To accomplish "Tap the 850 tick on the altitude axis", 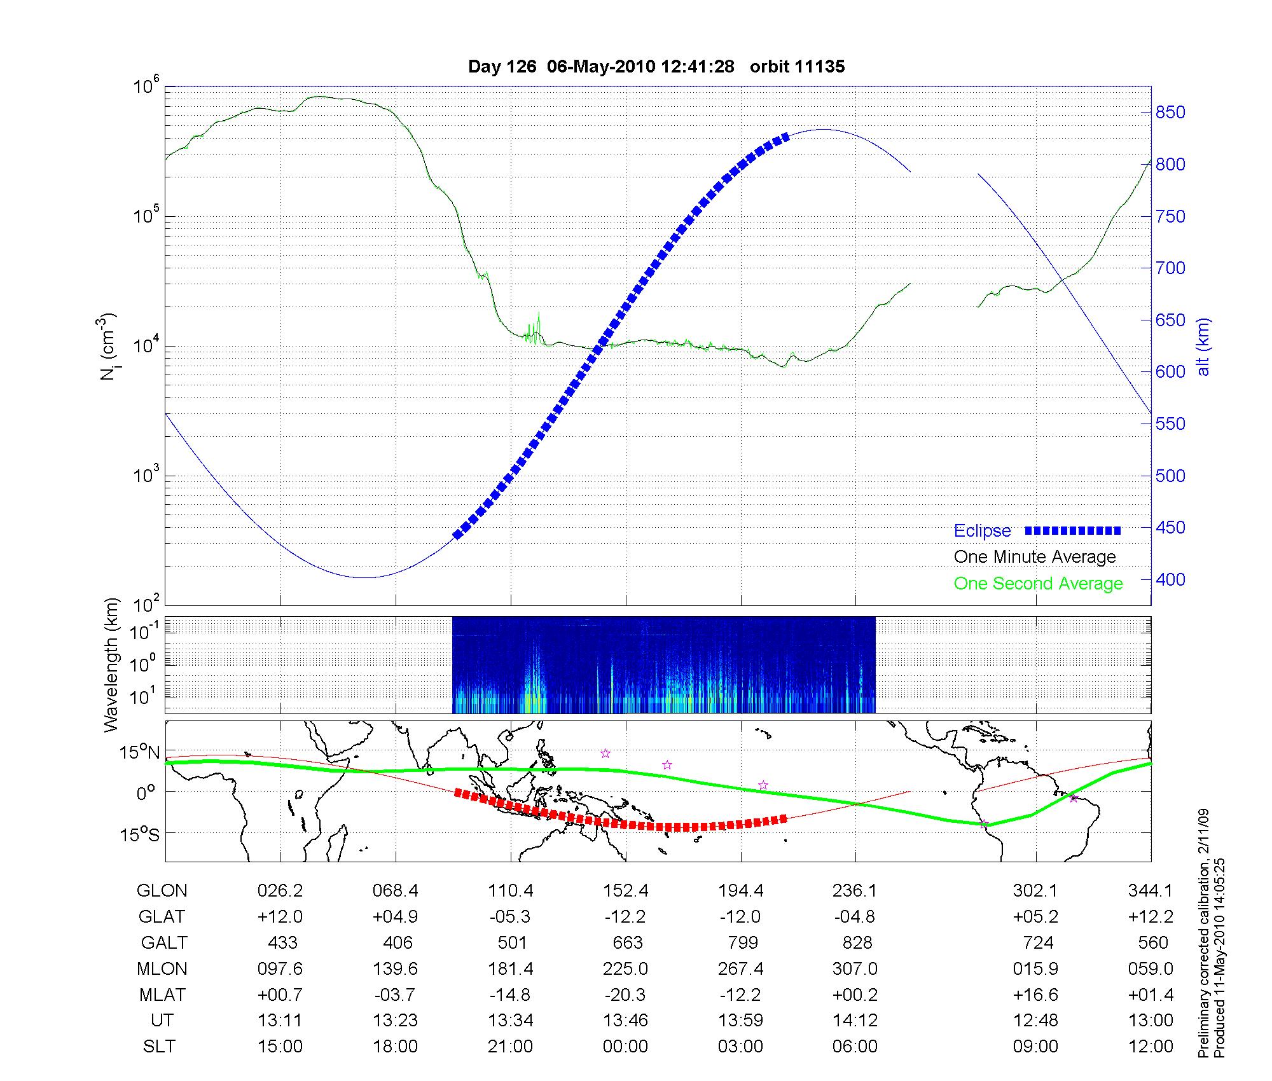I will click(x=1170, y=113).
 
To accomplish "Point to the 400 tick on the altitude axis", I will click(x=1170, y=579).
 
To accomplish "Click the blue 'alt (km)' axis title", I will click(x=1203, y=347).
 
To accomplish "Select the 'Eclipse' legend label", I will click(x=982, y=531).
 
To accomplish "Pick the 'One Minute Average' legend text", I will click(x=1035, y=557).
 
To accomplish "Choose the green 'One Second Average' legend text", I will click(x=1038, y=584).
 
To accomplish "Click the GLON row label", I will click(x=162, y=891).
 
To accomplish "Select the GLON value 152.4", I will click(x=626, y=891).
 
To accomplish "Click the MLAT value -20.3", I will click(x=626, y=995).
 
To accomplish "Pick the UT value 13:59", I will click(x=741, y=1021).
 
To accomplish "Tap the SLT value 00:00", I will click(x=626, y=1047).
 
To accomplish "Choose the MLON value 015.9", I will click(x=1036, y=968).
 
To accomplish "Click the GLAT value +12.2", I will click(x=1151, y=917).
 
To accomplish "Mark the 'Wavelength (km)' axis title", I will click(x=112, y=664).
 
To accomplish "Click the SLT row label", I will click(x=159, y=1047).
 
